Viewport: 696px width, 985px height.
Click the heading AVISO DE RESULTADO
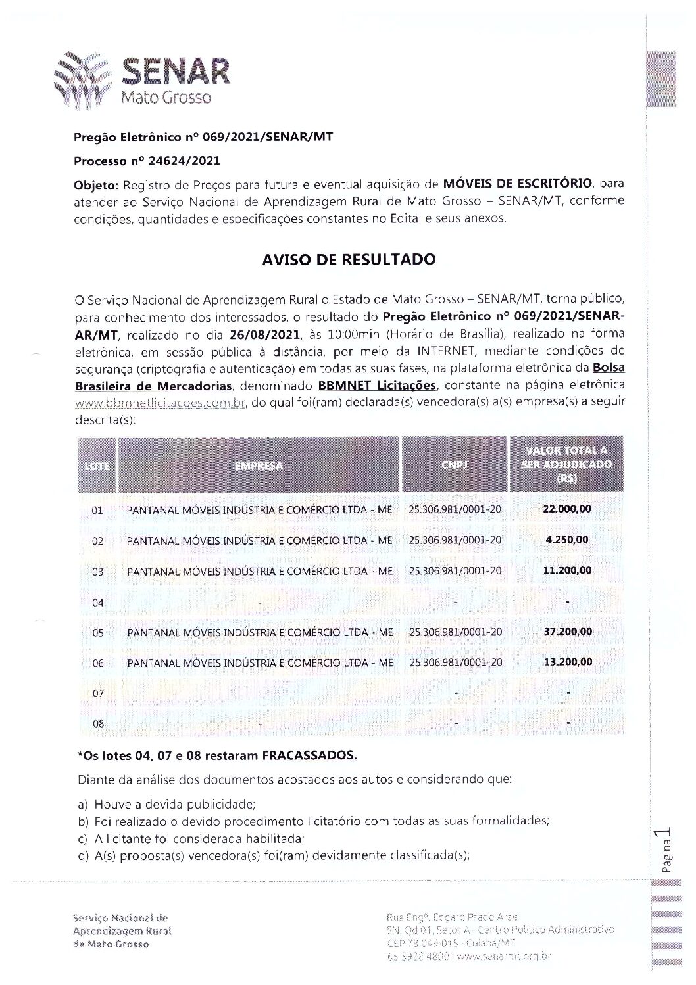coord(349,259)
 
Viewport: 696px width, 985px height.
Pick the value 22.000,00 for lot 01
coord(567,509)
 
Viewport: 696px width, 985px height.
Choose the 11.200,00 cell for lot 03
coord(567,570)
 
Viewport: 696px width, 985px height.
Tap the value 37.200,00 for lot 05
coord(567,632)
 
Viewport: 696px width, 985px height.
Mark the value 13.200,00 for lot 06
coord(567,662)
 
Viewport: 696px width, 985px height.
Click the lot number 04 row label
coord(98,602)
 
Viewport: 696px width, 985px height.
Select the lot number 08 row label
coord(98,724)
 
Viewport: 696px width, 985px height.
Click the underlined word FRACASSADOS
coord(309,756)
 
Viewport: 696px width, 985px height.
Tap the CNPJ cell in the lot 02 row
coord(455,540)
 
